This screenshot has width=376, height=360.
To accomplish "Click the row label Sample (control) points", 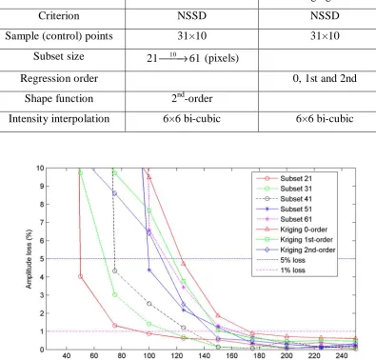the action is pos(59,36).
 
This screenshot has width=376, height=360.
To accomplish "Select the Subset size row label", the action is pos(59,56).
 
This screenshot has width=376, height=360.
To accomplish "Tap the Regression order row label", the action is pos(59,78).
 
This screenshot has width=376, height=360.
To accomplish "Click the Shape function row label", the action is pos(59,98).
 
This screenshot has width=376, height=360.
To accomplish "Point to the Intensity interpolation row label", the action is pos(59,119).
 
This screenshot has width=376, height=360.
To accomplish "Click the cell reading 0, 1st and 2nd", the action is pos(325,78).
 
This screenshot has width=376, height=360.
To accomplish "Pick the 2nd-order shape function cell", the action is pos(192,98).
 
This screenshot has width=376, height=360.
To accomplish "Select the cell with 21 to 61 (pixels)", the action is pos(192,58).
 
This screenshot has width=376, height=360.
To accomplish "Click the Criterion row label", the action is pos(59,16).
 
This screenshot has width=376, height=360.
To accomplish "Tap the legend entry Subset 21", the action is pos(296,178).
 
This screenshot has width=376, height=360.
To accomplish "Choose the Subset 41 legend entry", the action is pos(296,199).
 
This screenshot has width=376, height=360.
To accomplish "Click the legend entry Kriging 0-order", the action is pos(304,230).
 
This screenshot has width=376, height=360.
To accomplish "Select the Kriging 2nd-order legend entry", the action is pos(307,250).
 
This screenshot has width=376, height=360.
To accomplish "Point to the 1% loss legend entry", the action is pos(292,270).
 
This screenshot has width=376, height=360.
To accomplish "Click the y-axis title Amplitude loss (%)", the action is pos(30,259).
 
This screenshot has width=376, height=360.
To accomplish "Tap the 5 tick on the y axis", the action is pos(42,259).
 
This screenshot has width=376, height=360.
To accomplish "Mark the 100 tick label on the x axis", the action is pos(148,355).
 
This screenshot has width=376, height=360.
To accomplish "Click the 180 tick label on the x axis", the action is pos(259,355).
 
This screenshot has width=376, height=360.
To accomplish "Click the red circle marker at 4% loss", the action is pos(80,276).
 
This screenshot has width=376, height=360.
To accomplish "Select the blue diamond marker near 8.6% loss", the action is pos(115,193).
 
